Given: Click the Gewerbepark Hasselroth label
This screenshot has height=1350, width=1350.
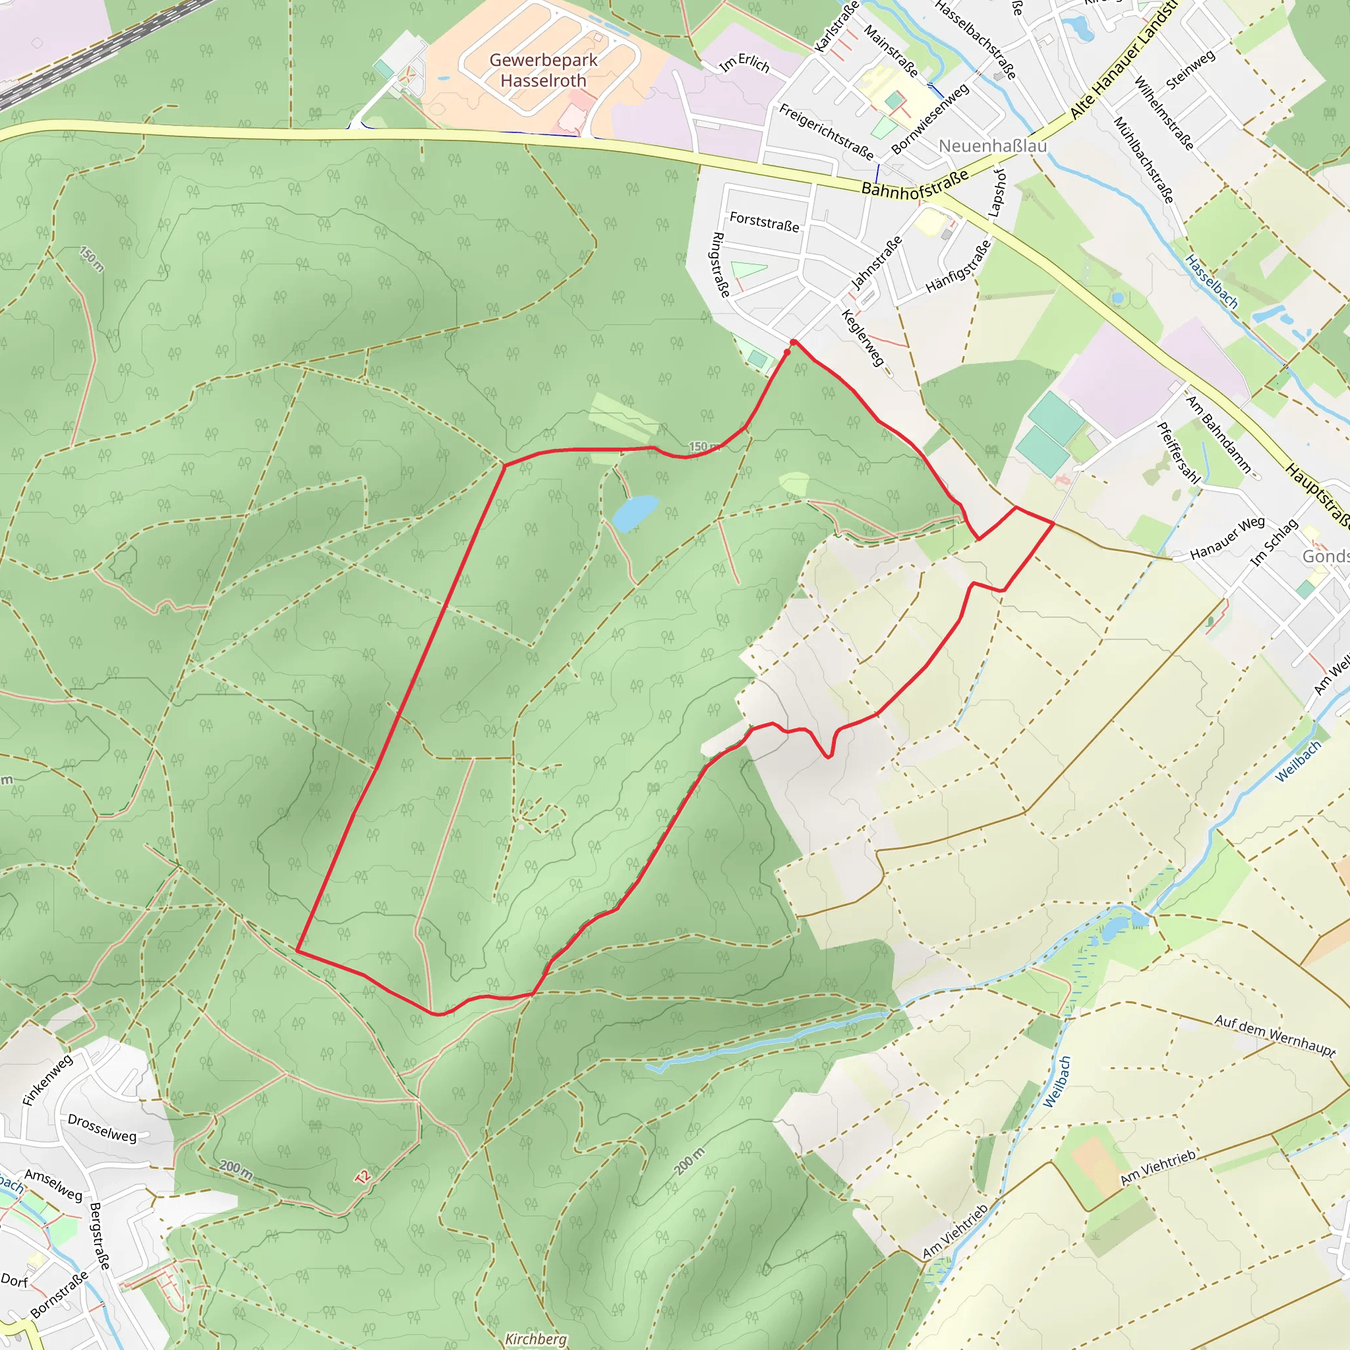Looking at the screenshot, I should coord(543,71).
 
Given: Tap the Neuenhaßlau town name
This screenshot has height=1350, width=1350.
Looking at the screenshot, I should coord(992,146).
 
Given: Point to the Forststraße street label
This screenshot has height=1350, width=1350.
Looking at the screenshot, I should coord(764,222).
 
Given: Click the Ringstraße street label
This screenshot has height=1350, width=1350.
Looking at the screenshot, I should coord(720,265).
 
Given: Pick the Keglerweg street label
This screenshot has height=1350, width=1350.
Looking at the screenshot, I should coord(863,337).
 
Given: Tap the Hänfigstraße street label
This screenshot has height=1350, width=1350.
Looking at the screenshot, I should coord(958,266).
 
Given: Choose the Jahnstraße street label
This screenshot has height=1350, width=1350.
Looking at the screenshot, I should coord(876,264).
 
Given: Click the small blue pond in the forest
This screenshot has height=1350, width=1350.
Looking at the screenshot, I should coord(635,512).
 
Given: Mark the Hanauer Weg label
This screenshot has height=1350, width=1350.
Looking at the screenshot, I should coord(1227,538).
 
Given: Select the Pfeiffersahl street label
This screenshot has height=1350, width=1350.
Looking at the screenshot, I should coord(1179,453).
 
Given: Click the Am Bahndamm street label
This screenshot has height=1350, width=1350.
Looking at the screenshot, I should coord(1219,434).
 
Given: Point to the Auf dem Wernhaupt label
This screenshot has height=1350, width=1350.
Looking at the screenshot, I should coord(1275,1036).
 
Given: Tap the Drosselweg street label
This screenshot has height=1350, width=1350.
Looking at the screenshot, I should coord(102,1128).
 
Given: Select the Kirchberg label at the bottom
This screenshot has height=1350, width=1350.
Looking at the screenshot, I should coord(536,1338).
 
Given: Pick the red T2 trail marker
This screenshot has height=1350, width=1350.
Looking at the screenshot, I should coord(363,1177).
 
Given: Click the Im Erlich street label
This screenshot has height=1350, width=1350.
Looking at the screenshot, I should coord(745,63).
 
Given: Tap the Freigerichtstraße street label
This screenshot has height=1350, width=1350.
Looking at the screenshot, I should coord(826,131).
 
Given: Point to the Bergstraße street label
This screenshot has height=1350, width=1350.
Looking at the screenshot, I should coord(100,1236).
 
